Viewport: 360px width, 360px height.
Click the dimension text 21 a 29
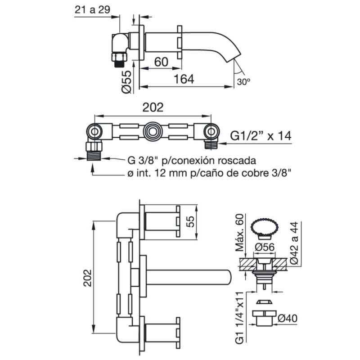click(x=92, y=10)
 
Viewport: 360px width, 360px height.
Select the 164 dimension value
click(x=184, y=79)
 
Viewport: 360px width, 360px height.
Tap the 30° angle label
click(x=243, y=81)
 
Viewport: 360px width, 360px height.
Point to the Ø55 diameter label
click(x=127, y=82)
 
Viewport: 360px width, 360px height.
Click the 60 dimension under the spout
click(x=161, y=62)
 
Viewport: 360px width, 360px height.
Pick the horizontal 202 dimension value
click(x=153, y=107)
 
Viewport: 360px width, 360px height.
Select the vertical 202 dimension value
click(x=87, y=278)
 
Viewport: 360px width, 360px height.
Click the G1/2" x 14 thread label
click(x=261, y=136)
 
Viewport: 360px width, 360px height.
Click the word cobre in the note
click(x=258, y=173)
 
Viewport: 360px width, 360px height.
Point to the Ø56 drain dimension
click(x=265, y=247)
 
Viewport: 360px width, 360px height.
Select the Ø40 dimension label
click(x=288, y=318)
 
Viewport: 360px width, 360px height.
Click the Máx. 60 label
click(x=239, y=232)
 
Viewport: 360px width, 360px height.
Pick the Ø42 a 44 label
click(x=294, y=243)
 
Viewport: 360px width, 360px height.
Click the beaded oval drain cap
click(x=265, y=227)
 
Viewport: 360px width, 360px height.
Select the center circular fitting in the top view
click(x=152, y=132)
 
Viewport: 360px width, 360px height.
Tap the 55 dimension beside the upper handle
click(x=190, y=222)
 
